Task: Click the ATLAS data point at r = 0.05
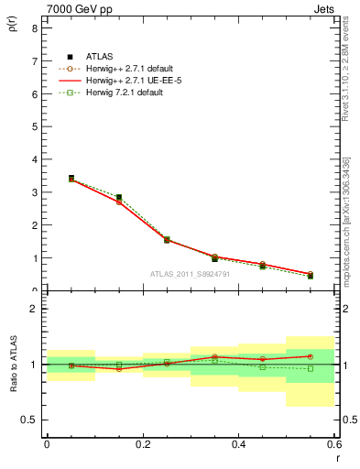point(71,179)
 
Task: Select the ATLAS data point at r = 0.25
point(167,240)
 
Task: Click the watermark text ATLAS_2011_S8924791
point(191,274)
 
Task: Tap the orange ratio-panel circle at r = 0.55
point(311,356)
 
